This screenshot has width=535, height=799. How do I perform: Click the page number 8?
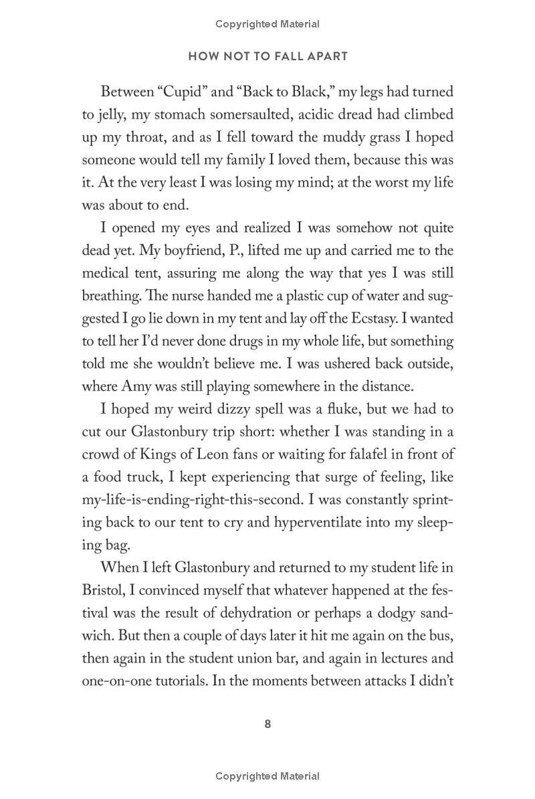tap(267, 724)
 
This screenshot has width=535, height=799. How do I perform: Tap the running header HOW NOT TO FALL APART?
tap(267, 56)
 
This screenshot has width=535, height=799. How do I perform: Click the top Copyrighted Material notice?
tap(267, 24)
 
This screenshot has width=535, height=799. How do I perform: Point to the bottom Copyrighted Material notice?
tap(267, 776)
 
